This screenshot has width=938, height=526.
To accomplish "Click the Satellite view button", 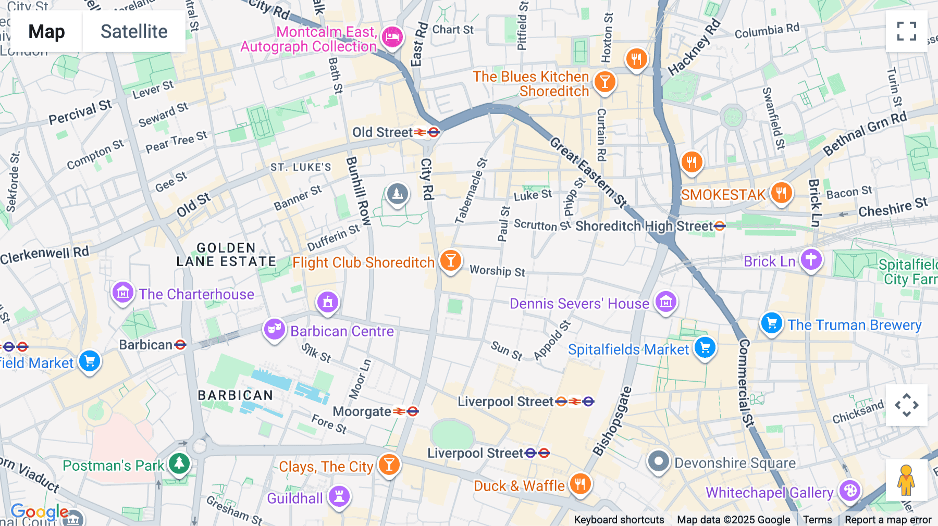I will (x=134, y=32).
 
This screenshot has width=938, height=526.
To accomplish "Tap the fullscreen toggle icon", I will (x=906, y=31).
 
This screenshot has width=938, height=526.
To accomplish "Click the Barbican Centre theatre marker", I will (x=274, y=329).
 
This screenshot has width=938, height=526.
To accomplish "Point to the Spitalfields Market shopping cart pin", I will (x=705, y=347).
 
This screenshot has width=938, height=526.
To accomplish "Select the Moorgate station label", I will (x=362, y=411).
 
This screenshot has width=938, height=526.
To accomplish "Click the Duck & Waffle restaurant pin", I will (x=580, y=484).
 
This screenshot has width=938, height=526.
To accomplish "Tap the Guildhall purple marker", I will (x=339, y=496).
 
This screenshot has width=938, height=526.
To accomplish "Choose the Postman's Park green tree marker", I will (x=179, y=462).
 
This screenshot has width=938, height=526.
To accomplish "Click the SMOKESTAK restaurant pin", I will (x=781, y=193).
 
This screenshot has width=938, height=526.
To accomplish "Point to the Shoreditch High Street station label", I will (x=644, y=226).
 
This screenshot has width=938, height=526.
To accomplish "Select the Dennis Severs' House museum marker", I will (x=665, y=302).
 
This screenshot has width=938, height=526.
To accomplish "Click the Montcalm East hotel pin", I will (x=392, y=37).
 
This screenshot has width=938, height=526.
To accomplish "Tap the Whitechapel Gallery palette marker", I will (x=850, y=491).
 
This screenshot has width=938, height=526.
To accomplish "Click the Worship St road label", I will (x=497, y=271).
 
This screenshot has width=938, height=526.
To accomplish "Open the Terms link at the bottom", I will (x=817, y=519).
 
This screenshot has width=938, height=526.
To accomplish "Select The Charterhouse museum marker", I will (x=123, y=293).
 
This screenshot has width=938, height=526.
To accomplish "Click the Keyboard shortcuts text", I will (x=619, y=519).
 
